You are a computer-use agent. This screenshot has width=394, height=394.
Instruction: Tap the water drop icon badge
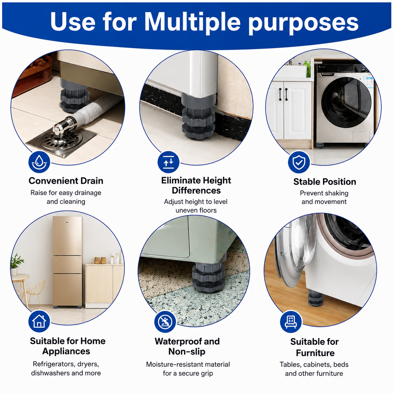click(x=39, y=162)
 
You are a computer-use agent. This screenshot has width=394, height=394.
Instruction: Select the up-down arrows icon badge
click(x=168, y=162)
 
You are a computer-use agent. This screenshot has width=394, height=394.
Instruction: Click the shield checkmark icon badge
click(x=299, y=162)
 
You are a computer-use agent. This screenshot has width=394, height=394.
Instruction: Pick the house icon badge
click(x=39, y=321)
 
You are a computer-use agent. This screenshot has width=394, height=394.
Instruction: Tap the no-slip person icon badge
click(x=165, y=322)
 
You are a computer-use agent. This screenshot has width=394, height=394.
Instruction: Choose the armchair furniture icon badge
click(x=291, y=322)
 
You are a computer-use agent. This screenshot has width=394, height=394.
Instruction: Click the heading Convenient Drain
click(x=66, y=181)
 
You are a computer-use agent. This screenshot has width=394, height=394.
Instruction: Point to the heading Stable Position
click(x=325, y=182)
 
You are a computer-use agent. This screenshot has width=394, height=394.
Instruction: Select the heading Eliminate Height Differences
click(x=196, y=185)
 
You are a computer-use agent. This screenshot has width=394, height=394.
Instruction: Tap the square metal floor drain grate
click(x=61, y=141)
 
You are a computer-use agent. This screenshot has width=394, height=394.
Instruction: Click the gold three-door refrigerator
click(x=68, y=261)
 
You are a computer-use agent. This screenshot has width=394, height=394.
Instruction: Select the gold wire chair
click(x=35, y=293)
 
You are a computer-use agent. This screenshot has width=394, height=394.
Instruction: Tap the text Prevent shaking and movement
click(x=324, y=197)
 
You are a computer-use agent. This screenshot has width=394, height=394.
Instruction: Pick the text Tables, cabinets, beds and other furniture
click(x=314, y=369)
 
